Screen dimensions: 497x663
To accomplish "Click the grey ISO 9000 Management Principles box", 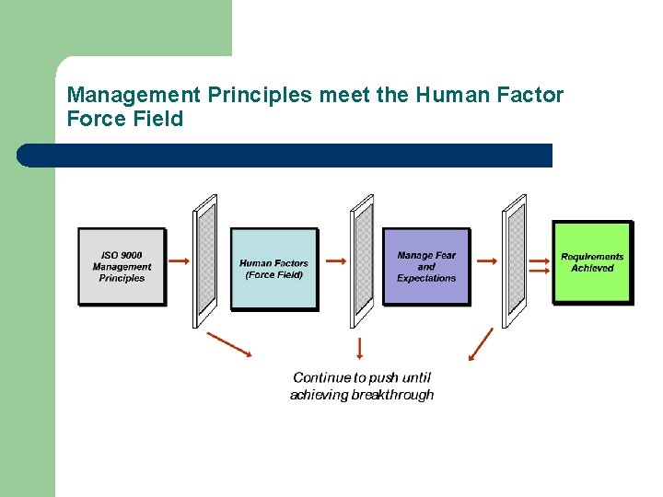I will tap(122, 266).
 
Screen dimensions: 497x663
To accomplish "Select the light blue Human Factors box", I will tap(273, 269).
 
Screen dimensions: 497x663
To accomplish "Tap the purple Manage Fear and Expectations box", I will tap(425, 266).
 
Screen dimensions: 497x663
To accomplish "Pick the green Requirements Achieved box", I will tap(592, 262).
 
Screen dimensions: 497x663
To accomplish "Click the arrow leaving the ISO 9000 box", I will tap(180, 260).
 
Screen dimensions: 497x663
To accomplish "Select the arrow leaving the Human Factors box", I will tap(336, 260).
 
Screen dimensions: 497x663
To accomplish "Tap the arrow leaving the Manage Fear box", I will tap(487, 260).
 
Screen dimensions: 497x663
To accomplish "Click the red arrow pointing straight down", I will tap(359, 348).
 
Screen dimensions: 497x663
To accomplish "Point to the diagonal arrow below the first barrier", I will tap(229, 343).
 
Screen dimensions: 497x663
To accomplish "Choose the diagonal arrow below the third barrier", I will tap(481, 344).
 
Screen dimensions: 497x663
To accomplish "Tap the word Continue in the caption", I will tap(322, 377).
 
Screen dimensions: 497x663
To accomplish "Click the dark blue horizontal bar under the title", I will tap(285, 156).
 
